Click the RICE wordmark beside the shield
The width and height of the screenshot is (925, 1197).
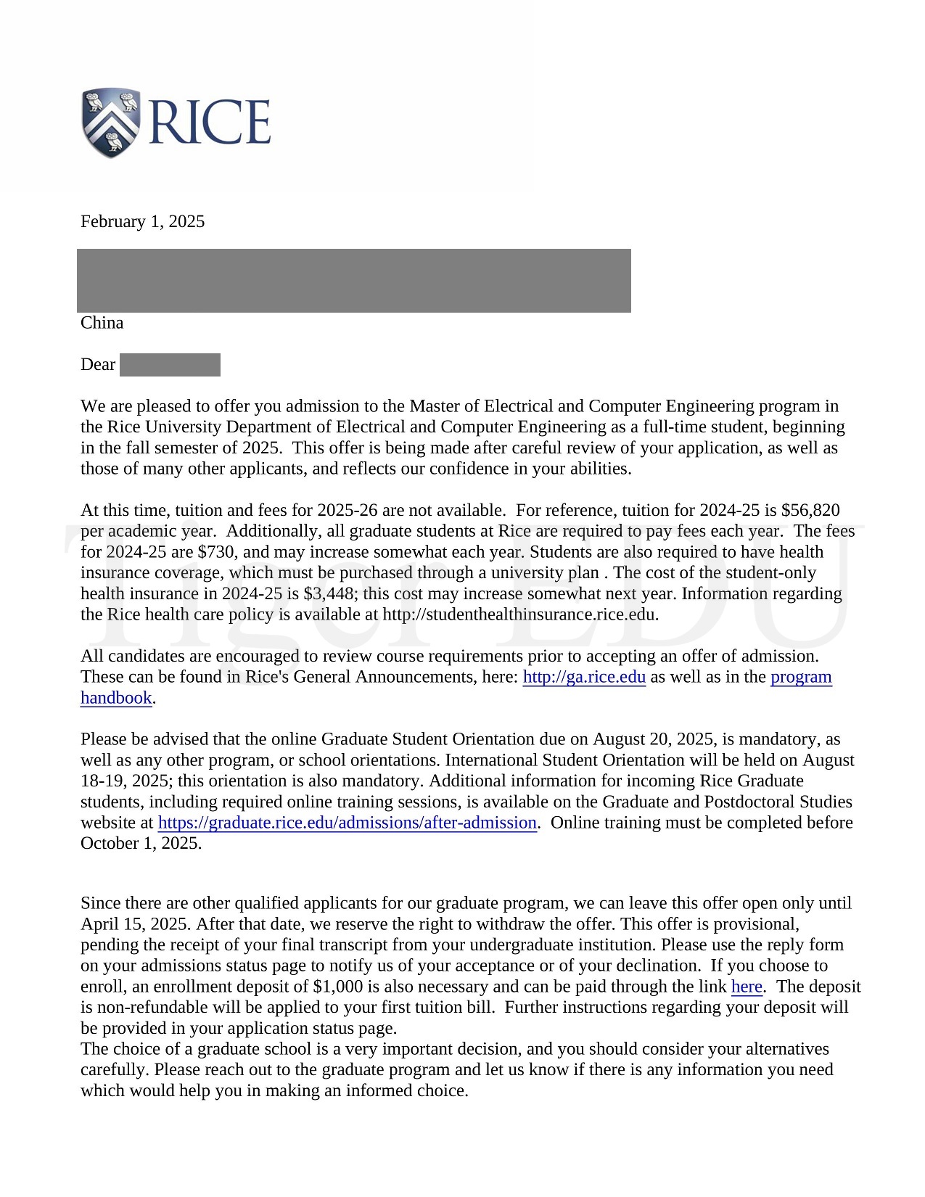click(210, 122)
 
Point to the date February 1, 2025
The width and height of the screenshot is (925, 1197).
click(142, 221)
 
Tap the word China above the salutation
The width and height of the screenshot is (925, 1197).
click(102, 323)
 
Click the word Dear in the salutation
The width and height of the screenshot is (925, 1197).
click(98, 364)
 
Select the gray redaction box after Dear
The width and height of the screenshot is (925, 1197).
click(170, 365)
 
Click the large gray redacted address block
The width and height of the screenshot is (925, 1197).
click(353, 281)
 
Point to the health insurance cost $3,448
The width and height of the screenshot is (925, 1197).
click(329, 593)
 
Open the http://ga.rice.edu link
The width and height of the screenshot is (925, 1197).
click(584, 677)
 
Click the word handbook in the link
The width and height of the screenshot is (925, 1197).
click(116, 698)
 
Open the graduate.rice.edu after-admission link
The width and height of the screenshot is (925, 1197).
click(347, 823)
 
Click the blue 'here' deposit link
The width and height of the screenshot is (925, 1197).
click(747, 987)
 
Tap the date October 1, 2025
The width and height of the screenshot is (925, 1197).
click(141, 844)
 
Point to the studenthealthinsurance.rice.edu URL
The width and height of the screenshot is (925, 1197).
click(519, 614)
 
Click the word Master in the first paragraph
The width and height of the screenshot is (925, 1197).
click(432, 406)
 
